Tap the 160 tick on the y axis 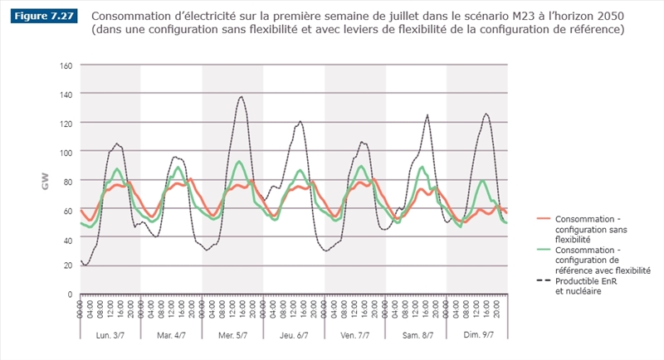[66, 66]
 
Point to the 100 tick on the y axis [66, 152]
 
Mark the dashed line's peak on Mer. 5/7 [242, 97]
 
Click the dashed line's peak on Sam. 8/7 [427, 115]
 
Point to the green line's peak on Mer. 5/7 [240, 162]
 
